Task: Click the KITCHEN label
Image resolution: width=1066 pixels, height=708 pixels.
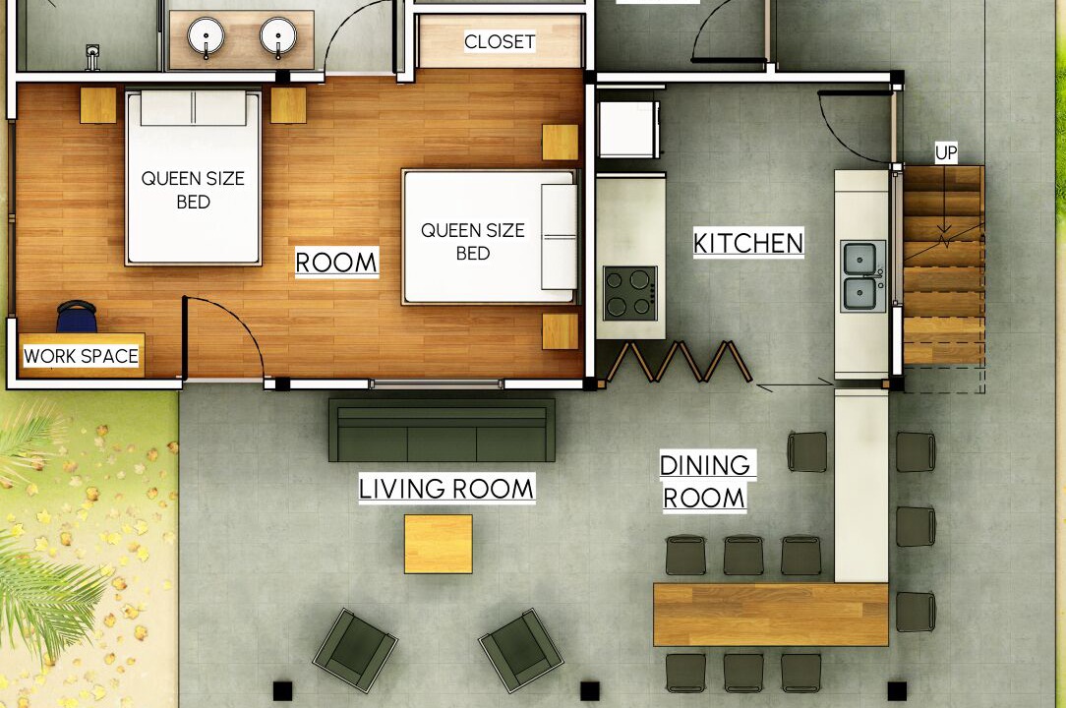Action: click(748, 243)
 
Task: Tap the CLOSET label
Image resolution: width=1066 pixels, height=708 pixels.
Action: click(500, 41)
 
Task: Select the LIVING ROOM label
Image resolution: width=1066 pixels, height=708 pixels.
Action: click(446, 489)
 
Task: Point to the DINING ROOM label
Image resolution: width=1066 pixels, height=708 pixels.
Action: click(705, 482)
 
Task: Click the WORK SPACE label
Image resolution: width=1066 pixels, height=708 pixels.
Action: click(81, 356)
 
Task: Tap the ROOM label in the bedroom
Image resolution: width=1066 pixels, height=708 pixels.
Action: click(336, 262)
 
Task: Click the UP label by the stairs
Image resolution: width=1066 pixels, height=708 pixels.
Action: click(946, 153)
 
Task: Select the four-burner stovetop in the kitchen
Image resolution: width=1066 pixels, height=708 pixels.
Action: click(630, 293)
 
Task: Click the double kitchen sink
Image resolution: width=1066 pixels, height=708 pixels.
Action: click(863, 276)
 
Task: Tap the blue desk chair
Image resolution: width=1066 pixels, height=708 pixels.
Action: click(76, 317)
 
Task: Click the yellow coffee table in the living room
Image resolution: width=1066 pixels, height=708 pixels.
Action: click(439, 544)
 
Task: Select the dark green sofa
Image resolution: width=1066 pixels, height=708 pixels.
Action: click(442, 430)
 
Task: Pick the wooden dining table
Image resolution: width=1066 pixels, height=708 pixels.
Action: click(771, 615)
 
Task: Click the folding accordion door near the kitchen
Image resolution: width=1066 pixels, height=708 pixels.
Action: click(680, 362)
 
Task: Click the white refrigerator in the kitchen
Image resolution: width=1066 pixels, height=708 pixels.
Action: click(628, 129)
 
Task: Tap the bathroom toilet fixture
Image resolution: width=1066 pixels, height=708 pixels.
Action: click(92, 58)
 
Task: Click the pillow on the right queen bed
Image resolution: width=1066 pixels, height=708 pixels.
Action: click(559, 237)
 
